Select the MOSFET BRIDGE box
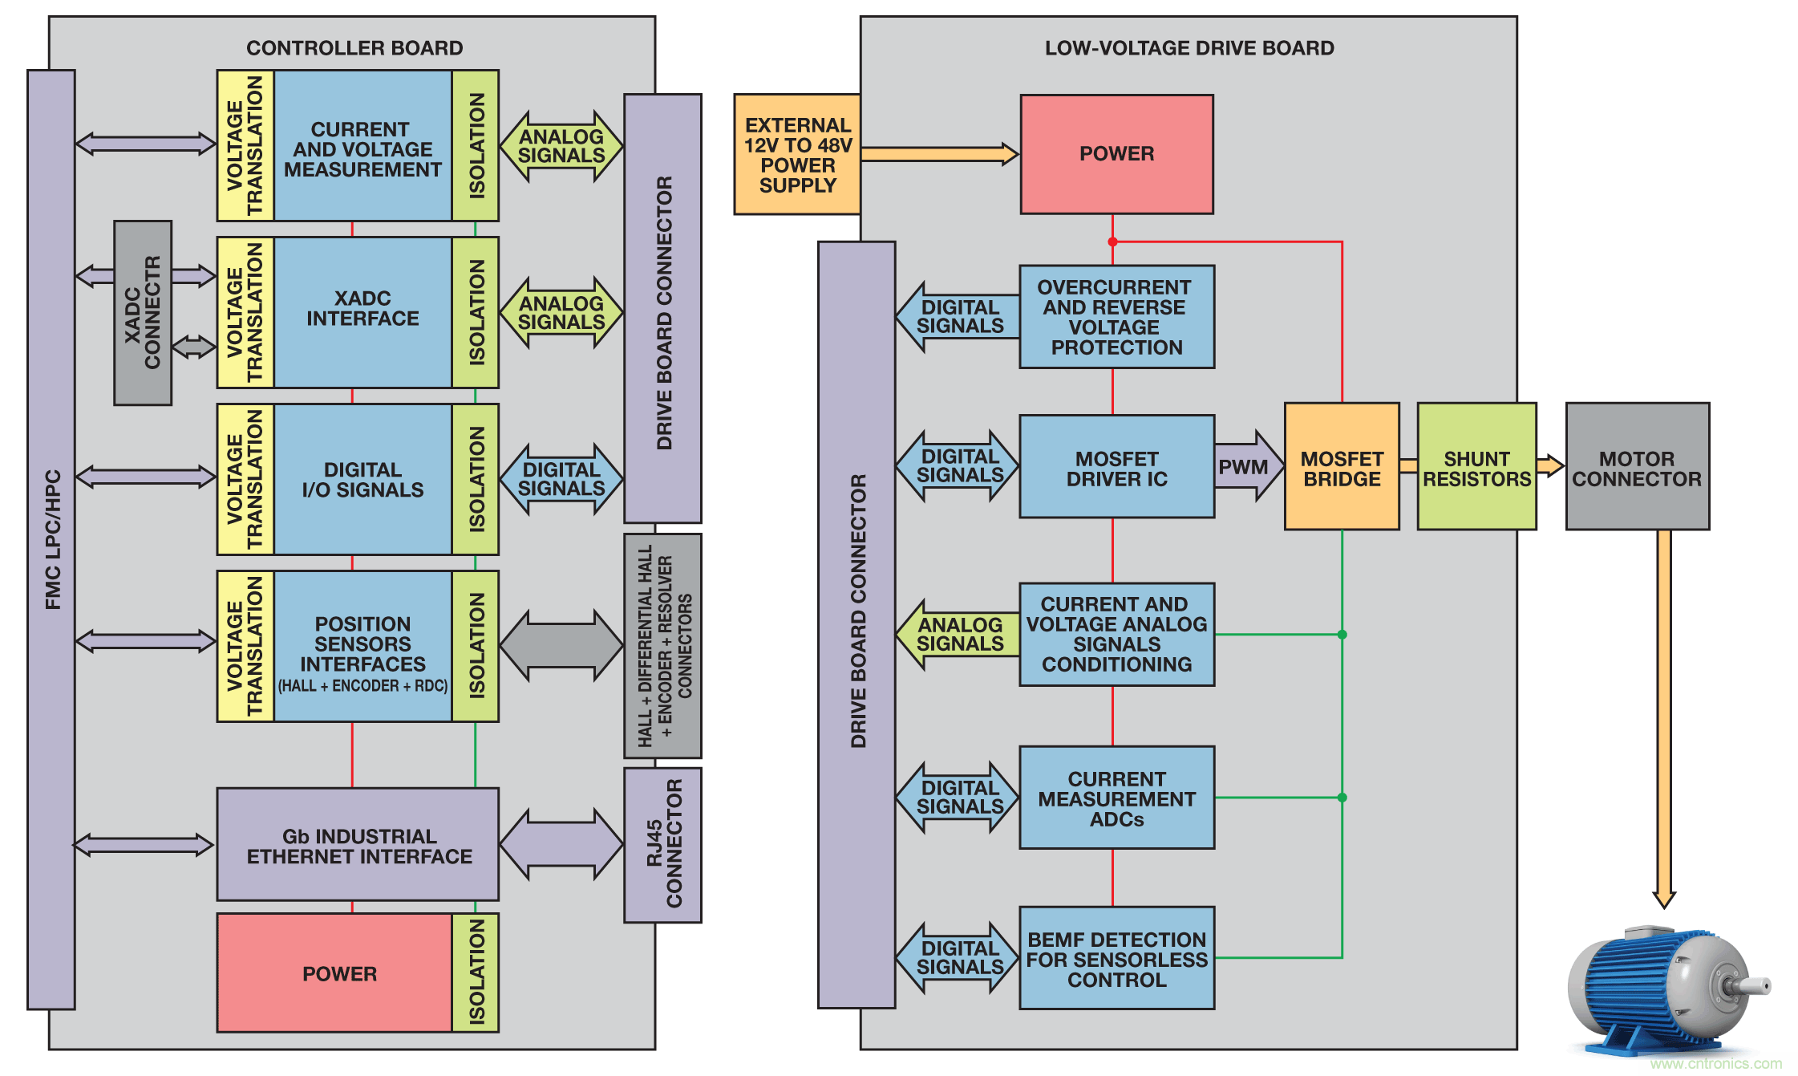pyautogui.click(x=1342, y=466)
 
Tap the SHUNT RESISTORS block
pyautogui.click(x=1476, y=466)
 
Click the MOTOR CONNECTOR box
pyautogui.click(x=1637, y=466)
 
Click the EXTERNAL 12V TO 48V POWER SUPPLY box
pyautogui.click(x=797, y=154)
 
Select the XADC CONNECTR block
pyautogui.click(x=143, y=313)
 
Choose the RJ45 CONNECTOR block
pyautogui.click(x=663, y=845)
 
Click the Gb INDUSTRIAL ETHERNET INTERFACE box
pyautogui.click(x=358, y=844)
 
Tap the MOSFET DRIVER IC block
pyautogui.click(x=1116, y=466)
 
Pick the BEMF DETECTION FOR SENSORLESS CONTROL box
pyautogui.click(x=1116, y=958)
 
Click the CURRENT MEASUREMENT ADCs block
pyautogui.click(x=1116, y=798)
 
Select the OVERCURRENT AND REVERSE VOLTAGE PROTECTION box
pyautogui.click(x=1116, y=317)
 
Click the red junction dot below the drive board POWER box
pyautogui.click(x=1112, y=242)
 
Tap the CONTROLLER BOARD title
pyautogui.click(x=354, y=48)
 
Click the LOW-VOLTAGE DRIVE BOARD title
pyautogui.click(x=1189, y=48)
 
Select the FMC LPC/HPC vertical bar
pyautogui.click(x=51, y=539)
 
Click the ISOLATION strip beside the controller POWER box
pyautogui.click(x=476, y=972)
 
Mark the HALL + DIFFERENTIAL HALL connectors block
pyautogui.click(x=663, y=646)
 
